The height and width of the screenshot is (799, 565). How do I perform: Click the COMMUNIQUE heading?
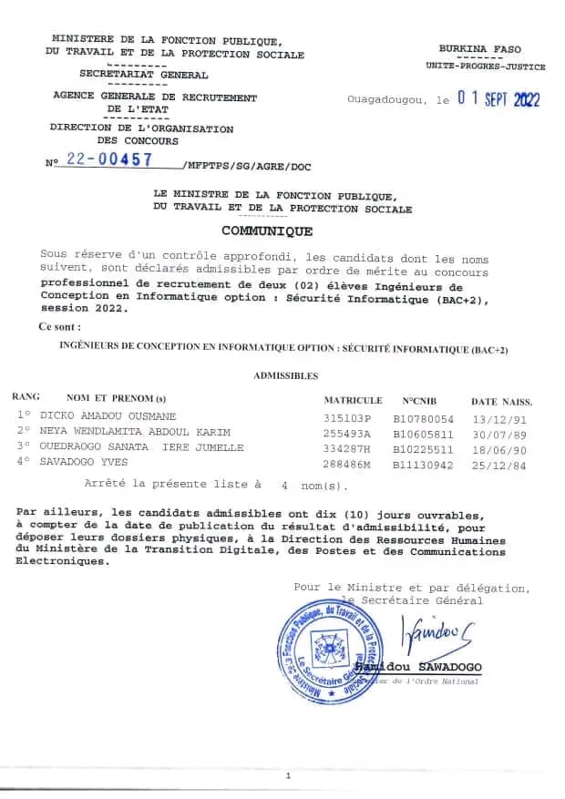click(x=268, y=231)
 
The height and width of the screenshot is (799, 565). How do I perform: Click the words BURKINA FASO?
click(x=480, y=48)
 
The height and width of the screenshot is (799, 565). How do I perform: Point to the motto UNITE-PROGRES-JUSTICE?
click(x=486, y=67)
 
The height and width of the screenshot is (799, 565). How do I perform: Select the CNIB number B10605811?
click(x=423, y=432)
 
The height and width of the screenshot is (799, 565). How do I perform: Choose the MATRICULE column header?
click(x=353, y=400)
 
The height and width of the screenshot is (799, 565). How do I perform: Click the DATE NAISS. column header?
click(x=501, y=401)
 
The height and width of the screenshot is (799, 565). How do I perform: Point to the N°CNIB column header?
click(x=421, y=400)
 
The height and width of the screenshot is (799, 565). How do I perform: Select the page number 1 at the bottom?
click(x=288, y=776)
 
